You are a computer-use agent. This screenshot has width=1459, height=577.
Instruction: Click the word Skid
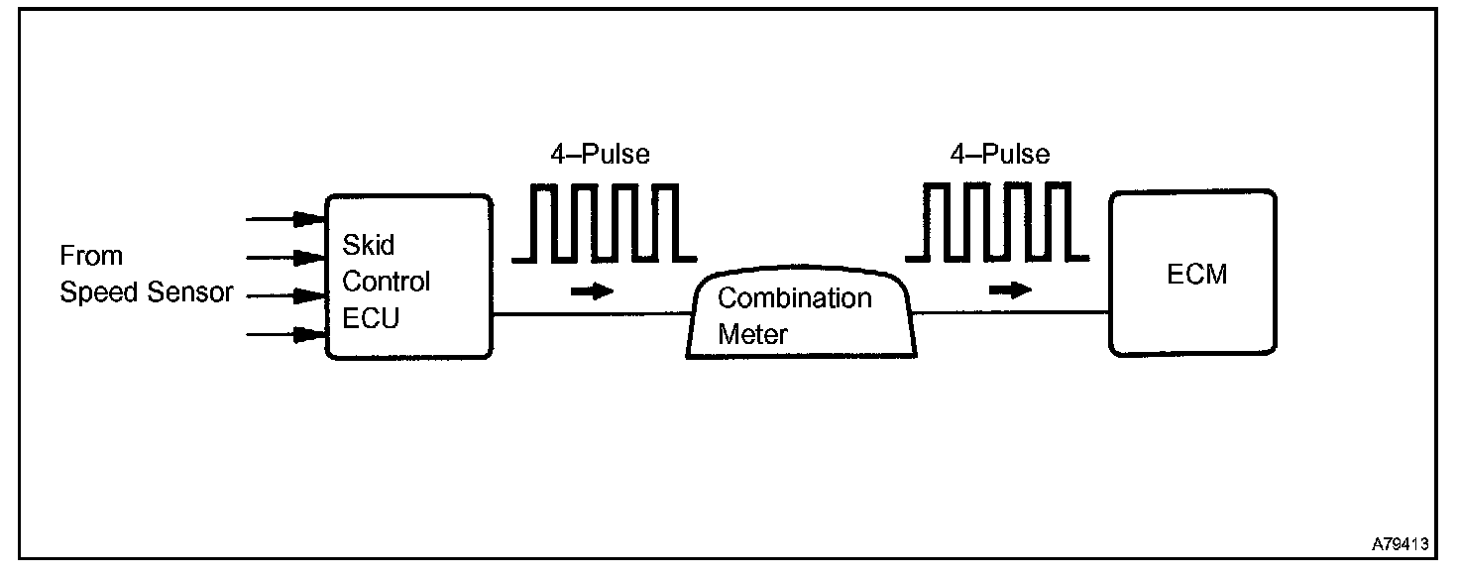pos(367,244)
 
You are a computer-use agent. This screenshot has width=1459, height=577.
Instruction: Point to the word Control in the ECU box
pos(387,282)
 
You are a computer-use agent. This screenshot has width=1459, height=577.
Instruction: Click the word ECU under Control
pos(371,319)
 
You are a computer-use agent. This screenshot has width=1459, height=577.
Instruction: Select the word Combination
pos(795,297)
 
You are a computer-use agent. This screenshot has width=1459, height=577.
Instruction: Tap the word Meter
pos(752,334)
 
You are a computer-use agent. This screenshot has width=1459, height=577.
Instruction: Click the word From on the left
pos(91,256)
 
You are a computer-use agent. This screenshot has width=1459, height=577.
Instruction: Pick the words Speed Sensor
pos(147,293)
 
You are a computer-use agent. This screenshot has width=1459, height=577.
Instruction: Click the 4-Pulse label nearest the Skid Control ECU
pos(601,155)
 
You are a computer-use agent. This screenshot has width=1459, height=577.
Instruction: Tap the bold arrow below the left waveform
pos(593,291)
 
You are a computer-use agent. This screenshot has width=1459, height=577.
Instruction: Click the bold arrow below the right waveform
pos(1009,289)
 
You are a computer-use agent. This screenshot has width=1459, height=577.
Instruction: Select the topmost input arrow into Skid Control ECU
pos(287,218)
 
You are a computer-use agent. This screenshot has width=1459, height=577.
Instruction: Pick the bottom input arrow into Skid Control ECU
pos(287,335)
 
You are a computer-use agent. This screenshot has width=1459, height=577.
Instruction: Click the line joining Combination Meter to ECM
pos(1011,313)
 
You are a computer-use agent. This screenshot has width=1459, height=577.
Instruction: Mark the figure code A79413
pos(1400,544)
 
